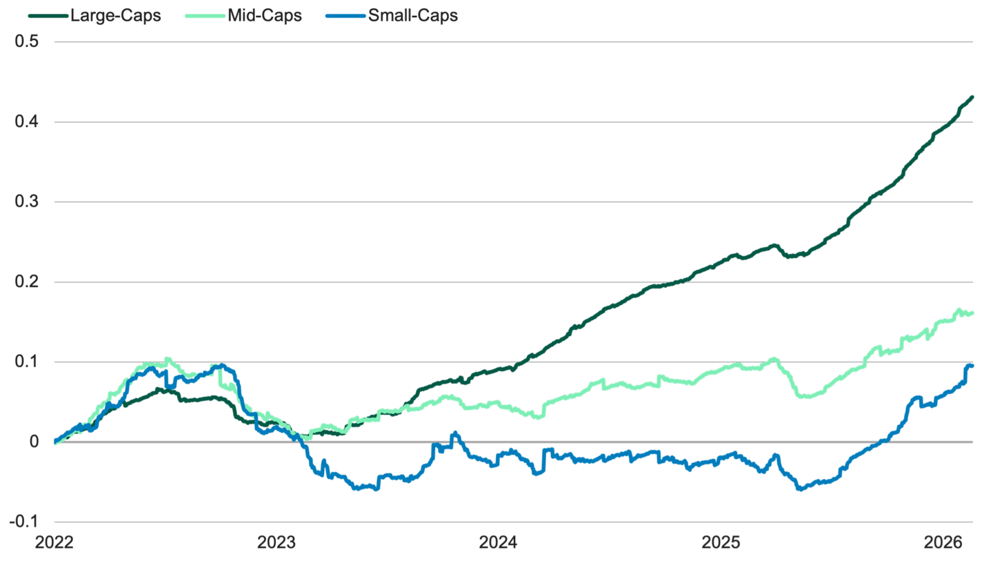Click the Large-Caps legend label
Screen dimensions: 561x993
116,16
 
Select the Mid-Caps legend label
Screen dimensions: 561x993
265,16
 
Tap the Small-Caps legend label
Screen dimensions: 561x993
413,16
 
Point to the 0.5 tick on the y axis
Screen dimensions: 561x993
26,42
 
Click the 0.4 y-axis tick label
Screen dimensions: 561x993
26,122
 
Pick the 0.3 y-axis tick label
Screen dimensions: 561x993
26,202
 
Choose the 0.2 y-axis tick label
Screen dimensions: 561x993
26,282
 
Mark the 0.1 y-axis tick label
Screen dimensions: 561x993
26,362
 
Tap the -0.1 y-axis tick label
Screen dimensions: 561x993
23,522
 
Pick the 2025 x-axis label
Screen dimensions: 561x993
721,542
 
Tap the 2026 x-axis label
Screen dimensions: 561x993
943,542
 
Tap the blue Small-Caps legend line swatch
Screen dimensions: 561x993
353,16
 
